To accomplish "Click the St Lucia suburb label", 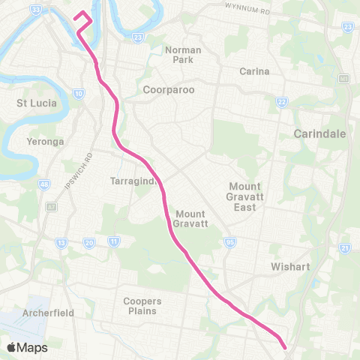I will [36, 102].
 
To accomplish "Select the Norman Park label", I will [183, 54].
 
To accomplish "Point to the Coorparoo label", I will [169, 89].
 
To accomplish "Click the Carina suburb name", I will [253, 72].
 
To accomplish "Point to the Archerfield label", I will [48, 313].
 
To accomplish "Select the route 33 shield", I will [36, 10].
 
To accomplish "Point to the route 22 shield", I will [282, 102].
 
